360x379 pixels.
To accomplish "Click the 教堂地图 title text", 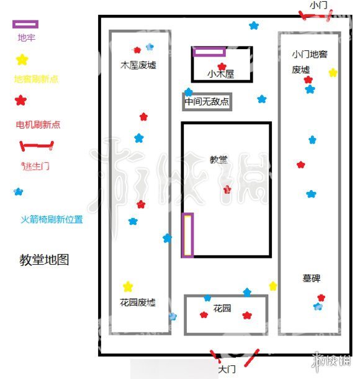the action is pyautogui.click(x=44, y=260).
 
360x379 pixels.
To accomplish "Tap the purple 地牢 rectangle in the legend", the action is pyautogui.click(x=25, y=24).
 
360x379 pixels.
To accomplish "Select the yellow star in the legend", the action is pyautogui.click(x=22, y=60).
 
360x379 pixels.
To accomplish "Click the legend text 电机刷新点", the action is pyautogui.click(x=38, y=125).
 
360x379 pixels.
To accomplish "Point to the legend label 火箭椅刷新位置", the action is pyautogui.click(x=52, y=219).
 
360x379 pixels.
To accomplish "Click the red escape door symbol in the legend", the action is pyautogui.click(x=37, y=145).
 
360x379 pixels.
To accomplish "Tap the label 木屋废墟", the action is pyautogui.click(x=138, y=65).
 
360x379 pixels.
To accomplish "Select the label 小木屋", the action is pyautogui.click(x=221, y=74).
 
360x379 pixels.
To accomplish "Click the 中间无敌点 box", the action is pyautogui.click(x=207, y=102).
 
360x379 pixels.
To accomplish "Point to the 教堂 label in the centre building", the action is pyautogui.click(x=218, y=159).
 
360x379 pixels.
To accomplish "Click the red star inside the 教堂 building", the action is pyautogui.click(x=227, y=189).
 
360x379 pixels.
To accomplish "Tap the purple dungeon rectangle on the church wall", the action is pyautogui.click(x=187, y=235).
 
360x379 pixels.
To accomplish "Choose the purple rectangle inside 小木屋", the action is pyautogui.click(x=209, y=52).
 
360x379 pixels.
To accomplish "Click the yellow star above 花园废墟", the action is pyautogui.click(x=128, y=286).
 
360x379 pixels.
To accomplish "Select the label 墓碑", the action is pyautogui.click(x=312, y=278).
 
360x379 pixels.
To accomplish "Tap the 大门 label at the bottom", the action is pyautogui.click(x=227, y=369).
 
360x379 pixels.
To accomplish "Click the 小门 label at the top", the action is pyautogui.click(x=318, y=5).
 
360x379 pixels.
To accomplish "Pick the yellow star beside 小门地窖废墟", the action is pyautogui.click(x=333, y=73).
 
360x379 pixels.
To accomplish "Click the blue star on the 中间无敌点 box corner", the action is pyautogui.click(x=188, y=92).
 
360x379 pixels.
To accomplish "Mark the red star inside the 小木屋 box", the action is pyautogui.click(x=222, y=66).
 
